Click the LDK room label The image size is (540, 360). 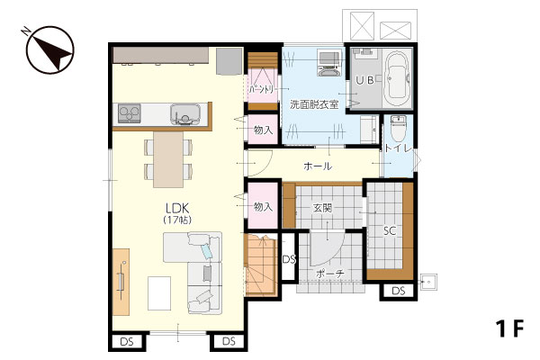[177, 209]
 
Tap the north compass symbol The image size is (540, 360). [50, 50]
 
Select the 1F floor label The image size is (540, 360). [509, 329]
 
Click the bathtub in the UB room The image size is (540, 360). [398, 79]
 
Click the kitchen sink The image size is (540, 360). [185, 113]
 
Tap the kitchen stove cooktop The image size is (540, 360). [129, 113]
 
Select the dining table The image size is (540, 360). [168, 159]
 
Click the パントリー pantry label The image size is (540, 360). [261, 90]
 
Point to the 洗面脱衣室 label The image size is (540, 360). [314, 104]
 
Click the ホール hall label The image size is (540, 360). [318, 166]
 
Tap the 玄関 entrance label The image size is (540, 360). [322, 208]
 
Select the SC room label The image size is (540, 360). [390, 230]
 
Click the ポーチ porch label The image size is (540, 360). [329, 274]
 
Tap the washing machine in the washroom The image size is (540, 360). [329, 63]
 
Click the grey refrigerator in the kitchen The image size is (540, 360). [229, 61]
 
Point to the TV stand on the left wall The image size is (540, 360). [121, 282]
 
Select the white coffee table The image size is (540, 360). [159, 293]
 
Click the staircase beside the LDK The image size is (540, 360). [261, 265]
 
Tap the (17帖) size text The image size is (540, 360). [177, 220]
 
